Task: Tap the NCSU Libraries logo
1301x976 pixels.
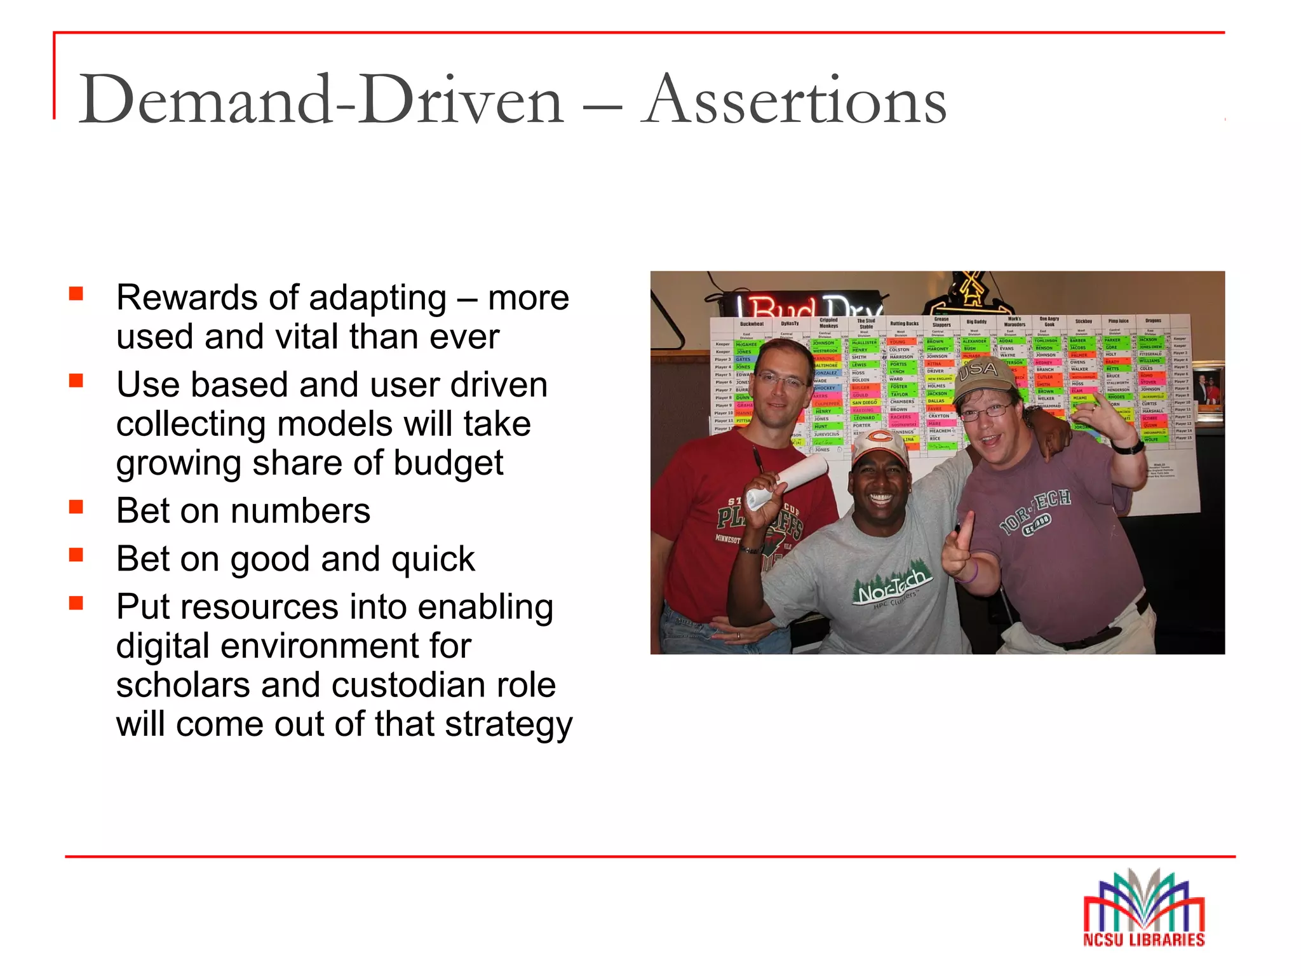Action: [1143, 909]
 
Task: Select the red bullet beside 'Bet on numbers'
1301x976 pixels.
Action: [77, 507]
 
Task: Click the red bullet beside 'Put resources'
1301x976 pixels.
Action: [77, 603]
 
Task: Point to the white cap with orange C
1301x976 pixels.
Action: [880, 445]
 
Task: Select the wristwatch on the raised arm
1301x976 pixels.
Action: [1128, 447]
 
